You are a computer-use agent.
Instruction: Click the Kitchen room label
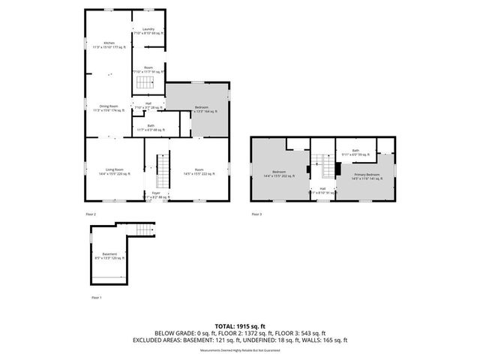tap(109, 44)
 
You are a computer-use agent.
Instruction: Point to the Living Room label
tap(114, 172)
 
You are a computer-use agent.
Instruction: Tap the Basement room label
tap(109, 256)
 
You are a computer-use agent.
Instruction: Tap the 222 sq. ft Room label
tap(199, 172)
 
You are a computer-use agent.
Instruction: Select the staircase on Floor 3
tap(323, 161)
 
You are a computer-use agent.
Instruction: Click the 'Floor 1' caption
tap(96, 298)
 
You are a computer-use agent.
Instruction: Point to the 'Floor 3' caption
tap(256, 214)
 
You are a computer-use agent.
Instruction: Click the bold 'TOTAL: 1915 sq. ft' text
tap(240, 327)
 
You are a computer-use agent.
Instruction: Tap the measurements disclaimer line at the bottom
tap(240, 350)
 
